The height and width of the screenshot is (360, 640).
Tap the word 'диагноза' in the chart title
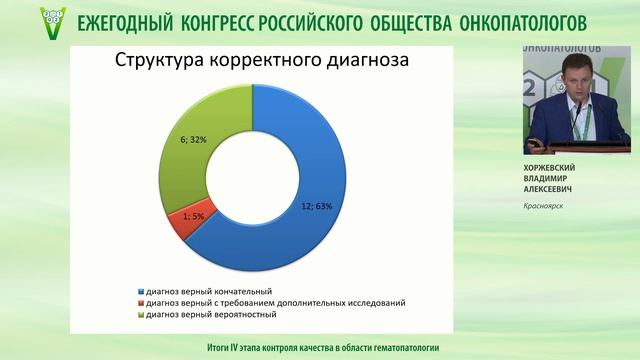point(374,60)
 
